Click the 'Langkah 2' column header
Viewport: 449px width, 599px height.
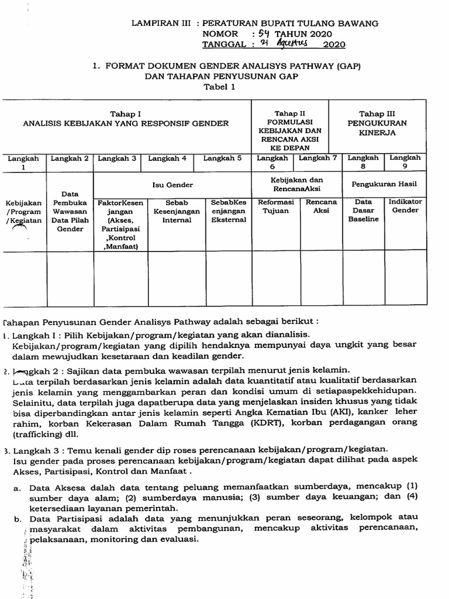pyautogui.click(x=70, y=158)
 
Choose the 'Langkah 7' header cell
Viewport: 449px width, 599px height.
pyautogui.click(x=318, y=158)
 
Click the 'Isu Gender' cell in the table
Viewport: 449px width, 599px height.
pyautogui.click(x=172, y=185)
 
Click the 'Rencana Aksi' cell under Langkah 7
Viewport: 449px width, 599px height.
pyautogui.click(x=321, y=206)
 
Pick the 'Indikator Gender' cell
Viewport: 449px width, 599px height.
pyautogui.click(x=405, y=206)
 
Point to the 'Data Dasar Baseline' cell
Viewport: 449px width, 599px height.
pyautogui.click(x=363, y=211)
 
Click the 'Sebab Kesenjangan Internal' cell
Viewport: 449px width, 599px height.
pyautogui.click(x=177, y=211)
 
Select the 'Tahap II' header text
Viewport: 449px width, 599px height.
pyautogui.click(x=290, y=113)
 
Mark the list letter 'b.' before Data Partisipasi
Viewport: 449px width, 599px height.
pyautogui.click(x=19, y=519)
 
